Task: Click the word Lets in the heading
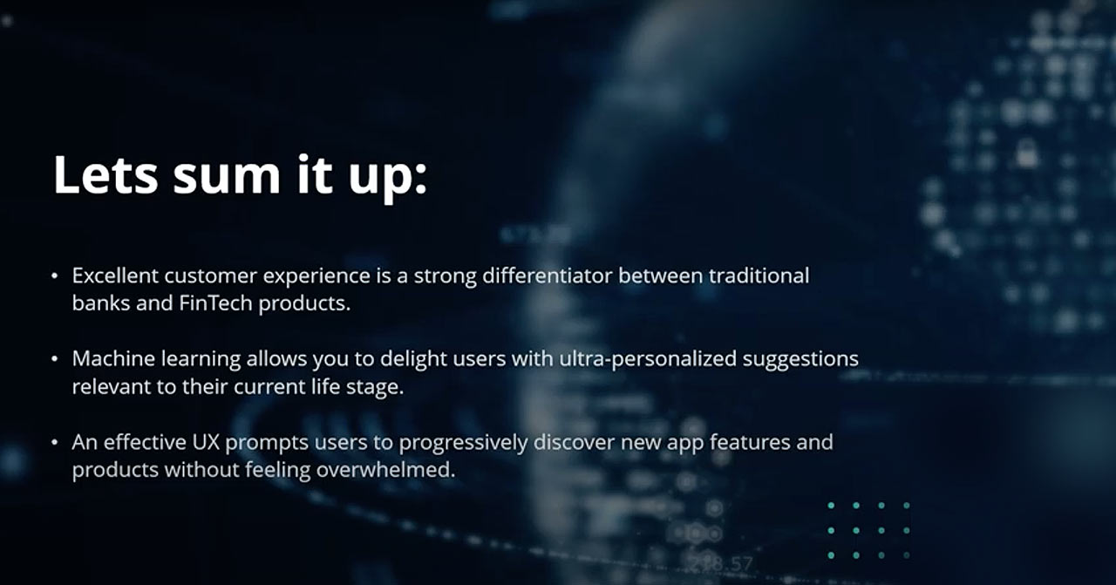(x=105, y=174)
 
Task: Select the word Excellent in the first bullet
(x=115, y=275)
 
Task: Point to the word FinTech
(x=215, y=303)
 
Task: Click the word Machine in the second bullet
(x=113, y=359)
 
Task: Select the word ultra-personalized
(x=648, y=360)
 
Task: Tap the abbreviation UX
(x=206, y=442)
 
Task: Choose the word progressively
(x=463, y=444)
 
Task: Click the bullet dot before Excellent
(x=55, y=276)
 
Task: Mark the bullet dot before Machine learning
(x=55, y=359)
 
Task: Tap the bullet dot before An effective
(x=55, y=443)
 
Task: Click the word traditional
(x=759, y=275)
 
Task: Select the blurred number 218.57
(x=720, y=563)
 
